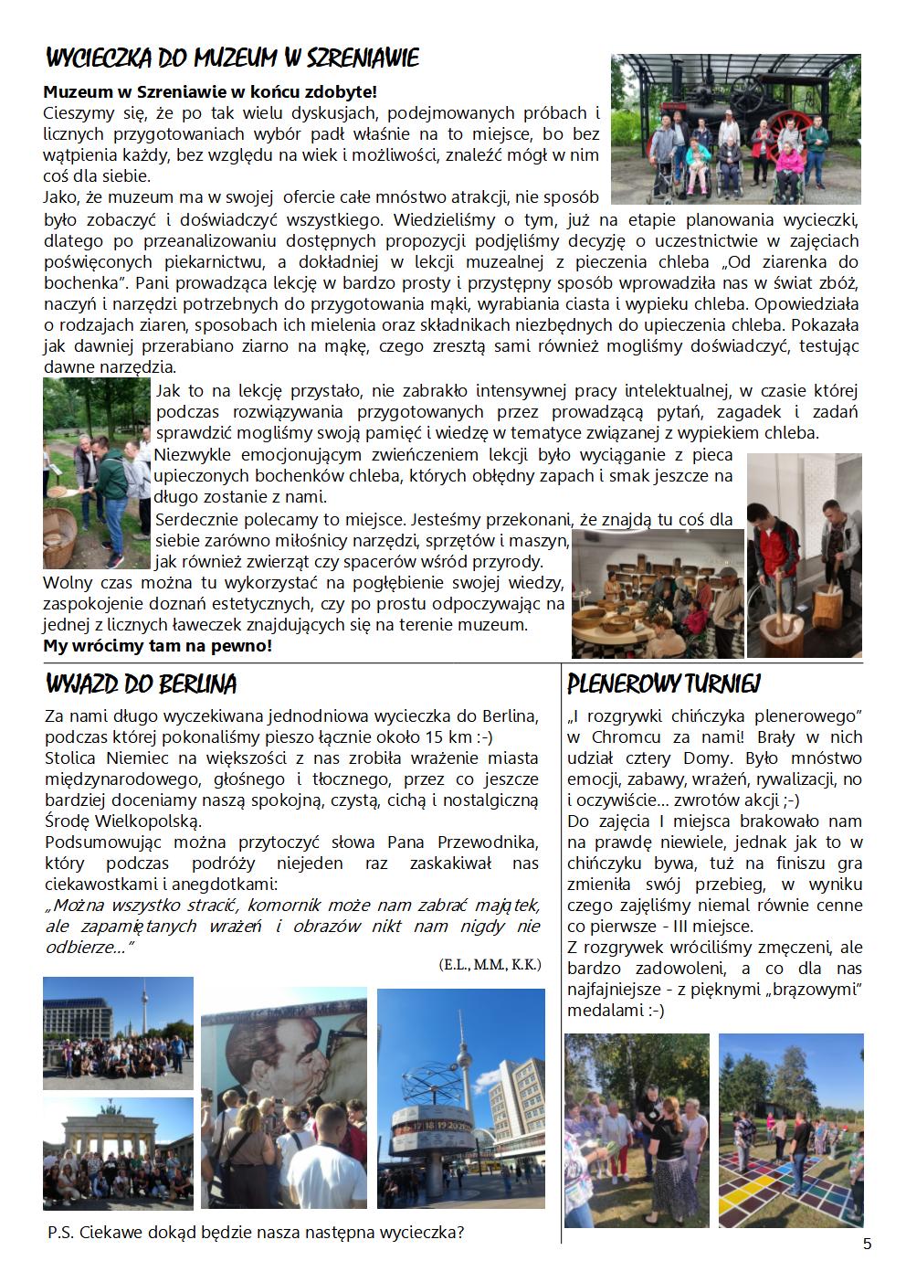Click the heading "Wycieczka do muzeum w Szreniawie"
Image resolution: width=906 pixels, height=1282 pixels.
coord(232,59)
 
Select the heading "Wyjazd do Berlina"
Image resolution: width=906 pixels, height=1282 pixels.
coord(141,683)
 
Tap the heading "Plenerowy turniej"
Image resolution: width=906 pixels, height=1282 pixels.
coord(664,683)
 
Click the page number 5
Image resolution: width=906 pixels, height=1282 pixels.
coord(867,1244)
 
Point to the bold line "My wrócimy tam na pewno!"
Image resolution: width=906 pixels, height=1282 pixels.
coord(157,646)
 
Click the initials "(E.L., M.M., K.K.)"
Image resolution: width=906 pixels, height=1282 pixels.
coord(490,964)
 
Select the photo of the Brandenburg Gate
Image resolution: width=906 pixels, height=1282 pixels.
coord(118,1154)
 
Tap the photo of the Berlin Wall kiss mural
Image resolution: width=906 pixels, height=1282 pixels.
coord(283,1098)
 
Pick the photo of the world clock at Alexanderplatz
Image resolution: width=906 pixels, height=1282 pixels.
coord(460,1098)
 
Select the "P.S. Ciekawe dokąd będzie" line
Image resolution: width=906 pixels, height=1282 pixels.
coord(256,1232)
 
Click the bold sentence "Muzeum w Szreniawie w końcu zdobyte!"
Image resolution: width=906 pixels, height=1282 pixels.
coord(210,91)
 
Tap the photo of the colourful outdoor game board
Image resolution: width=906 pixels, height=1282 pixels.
coord(790,1129)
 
